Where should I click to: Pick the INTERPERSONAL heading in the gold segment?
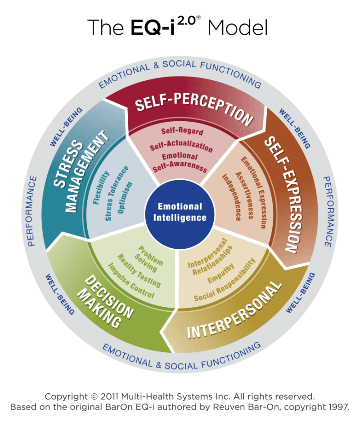coord(234,311)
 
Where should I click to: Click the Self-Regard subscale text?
coord(182,132)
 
